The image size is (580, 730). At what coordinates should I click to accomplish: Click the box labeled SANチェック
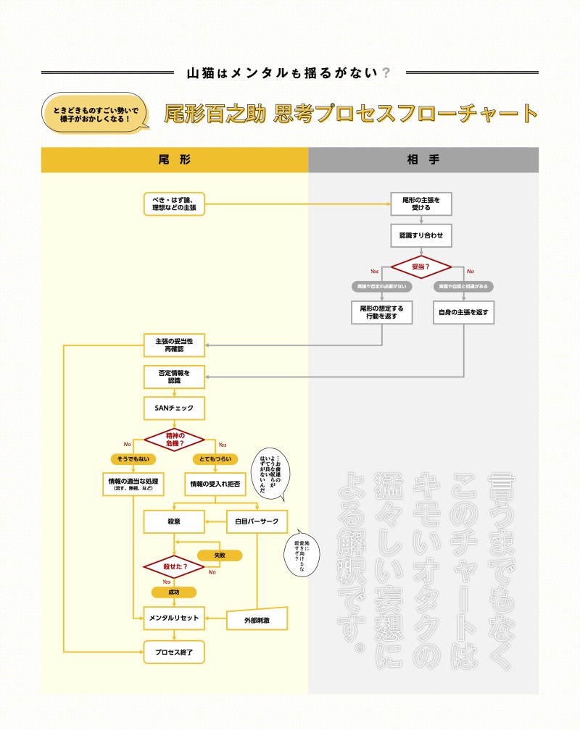tap(174, 408)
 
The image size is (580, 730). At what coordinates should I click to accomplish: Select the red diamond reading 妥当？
tap(421, 267)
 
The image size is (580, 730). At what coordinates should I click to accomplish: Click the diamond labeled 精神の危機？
tap(174, 439)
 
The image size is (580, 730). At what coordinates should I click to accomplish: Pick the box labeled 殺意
tap(174, 521)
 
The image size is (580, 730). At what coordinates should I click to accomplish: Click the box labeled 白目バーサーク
tap(256, 521)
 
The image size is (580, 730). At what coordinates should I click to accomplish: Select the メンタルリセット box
tap(174, 618)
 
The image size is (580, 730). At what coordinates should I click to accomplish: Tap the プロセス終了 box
tap(174, 653)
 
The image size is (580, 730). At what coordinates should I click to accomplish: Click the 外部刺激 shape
tap(257, 619)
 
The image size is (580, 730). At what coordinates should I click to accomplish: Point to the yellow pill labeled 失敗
tap(220, 555)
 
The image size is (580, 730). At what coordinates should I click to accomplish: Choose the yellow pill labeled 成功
tap(174, 592)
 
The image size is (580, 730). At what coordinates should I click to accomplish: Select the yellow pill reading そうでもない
tap(133, 458)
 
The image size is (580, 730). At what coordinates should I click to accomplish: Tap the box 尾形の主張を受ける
tap(421, 204)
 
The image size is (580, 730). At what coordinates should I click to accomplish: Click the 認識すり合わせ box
tap(421, 235)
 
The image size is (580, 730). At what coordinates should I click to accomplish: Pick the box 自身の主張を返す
tap(463, 313)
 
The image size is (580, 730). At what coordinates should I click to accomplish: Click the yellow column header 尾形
tap(174, 159)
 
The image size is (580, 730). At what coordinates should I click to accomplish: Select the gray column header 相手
tap(423, 159)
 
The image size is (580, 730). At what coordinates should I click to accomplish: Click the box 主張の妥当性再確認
tap(174, 345)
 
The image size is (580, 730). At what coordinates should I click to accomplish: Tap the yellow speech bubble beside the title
tap(95, 113)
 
